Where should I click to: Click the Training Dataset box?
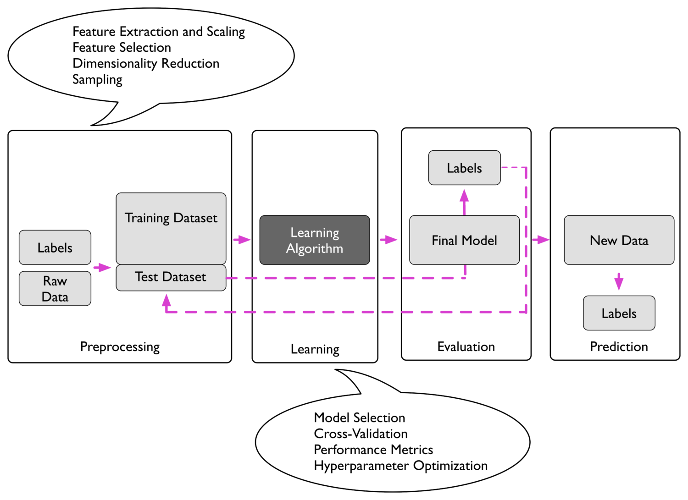click(x=171, y=228)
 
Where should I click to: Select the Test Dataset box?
click(x=171, y=277)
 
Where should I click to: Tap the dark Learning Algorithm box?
click(x=315, y=240)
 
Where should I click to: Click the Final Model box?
click(x=464, y=240)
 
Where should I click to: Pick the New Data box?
click(x=619, y=240)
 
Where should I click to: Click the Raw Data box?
click(x=55, y=289)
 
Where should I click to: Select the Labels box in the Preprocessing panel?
click(x=55, y=247)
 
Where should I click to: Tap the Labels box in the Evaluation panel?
click(x=464, y=168)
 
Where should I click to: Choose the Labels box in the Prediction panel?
click(x=619, y=313)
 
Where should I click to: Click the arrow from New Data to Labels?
click(x=619, y=281)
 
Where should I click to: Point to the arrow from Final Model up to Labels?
click(x=464, y=202)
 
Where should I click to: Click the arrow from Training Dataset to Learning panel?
click(x=242, y=240)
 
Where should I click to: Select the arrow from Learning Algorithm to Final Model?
click(x=388, y=240)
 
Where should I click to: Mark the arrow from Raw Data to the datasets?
click(x=102, y=267)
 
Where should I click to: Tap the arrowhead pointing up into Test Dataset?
click(x=166, y=301)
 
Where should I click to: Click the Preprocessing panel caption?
click(x=120, y=346)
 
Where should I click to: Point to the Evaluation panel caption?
click(x=466, y=346)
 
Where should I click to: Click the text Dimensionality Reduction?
click(x=146, y=63)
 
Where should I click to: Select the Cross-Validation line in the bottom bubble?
click(x=361, y=434)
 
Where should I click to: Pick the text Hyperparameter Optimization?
click(x=400, y=466)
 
